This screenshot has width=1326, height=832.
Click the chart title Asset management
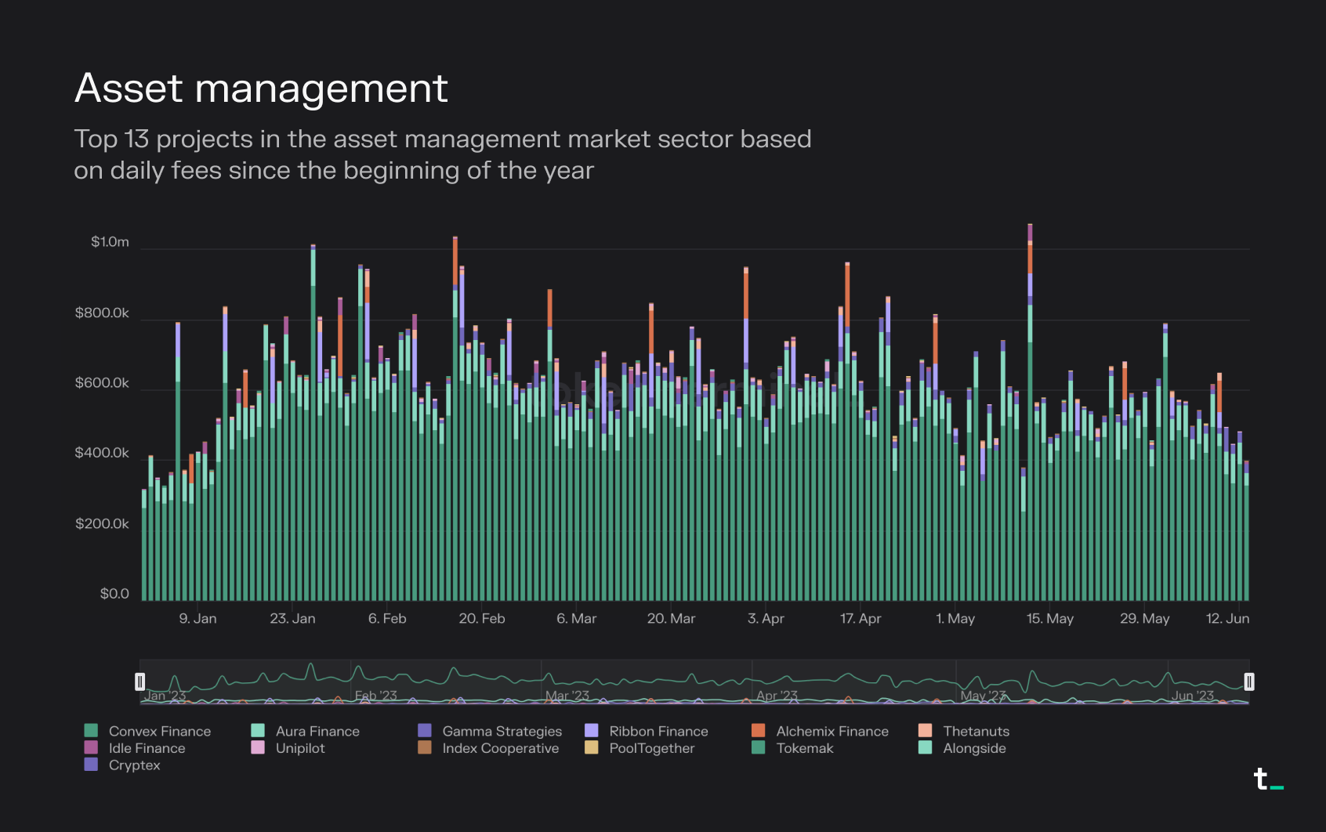point(261,88)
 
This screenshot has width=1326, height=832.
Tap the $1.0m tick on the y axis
point(110,242)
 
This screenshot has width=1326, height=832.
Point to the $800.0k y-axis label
point(102,313)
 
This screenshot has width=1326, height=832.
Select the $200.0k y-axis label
point(102,523)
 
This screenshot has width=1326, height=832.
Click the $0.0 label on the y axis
point(114,594)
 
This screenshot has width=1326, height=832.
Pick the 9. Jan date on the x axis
point(197,619)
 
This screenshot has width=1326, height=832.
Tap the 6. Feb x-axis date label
point(387,619)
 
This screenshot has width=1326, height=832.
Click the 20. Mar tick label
point(671,619)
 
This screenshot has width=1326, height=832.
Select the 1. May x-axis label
point(955,619)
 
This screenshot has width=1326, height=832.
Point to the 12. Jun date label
point(1227,619)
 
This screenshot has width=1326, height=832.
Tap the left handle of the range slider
point(140,682)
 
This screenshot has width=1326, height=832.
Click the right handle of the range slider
point(1249,682)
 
